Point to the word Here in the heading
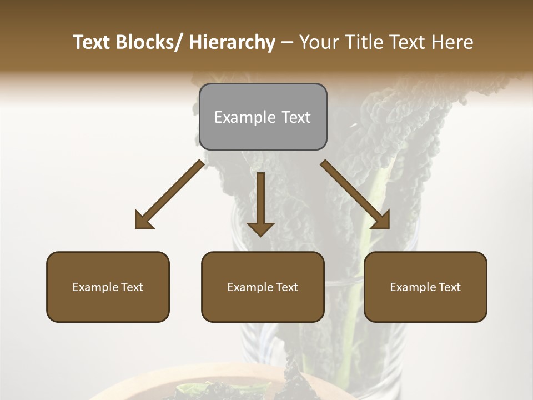[453, 42]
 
